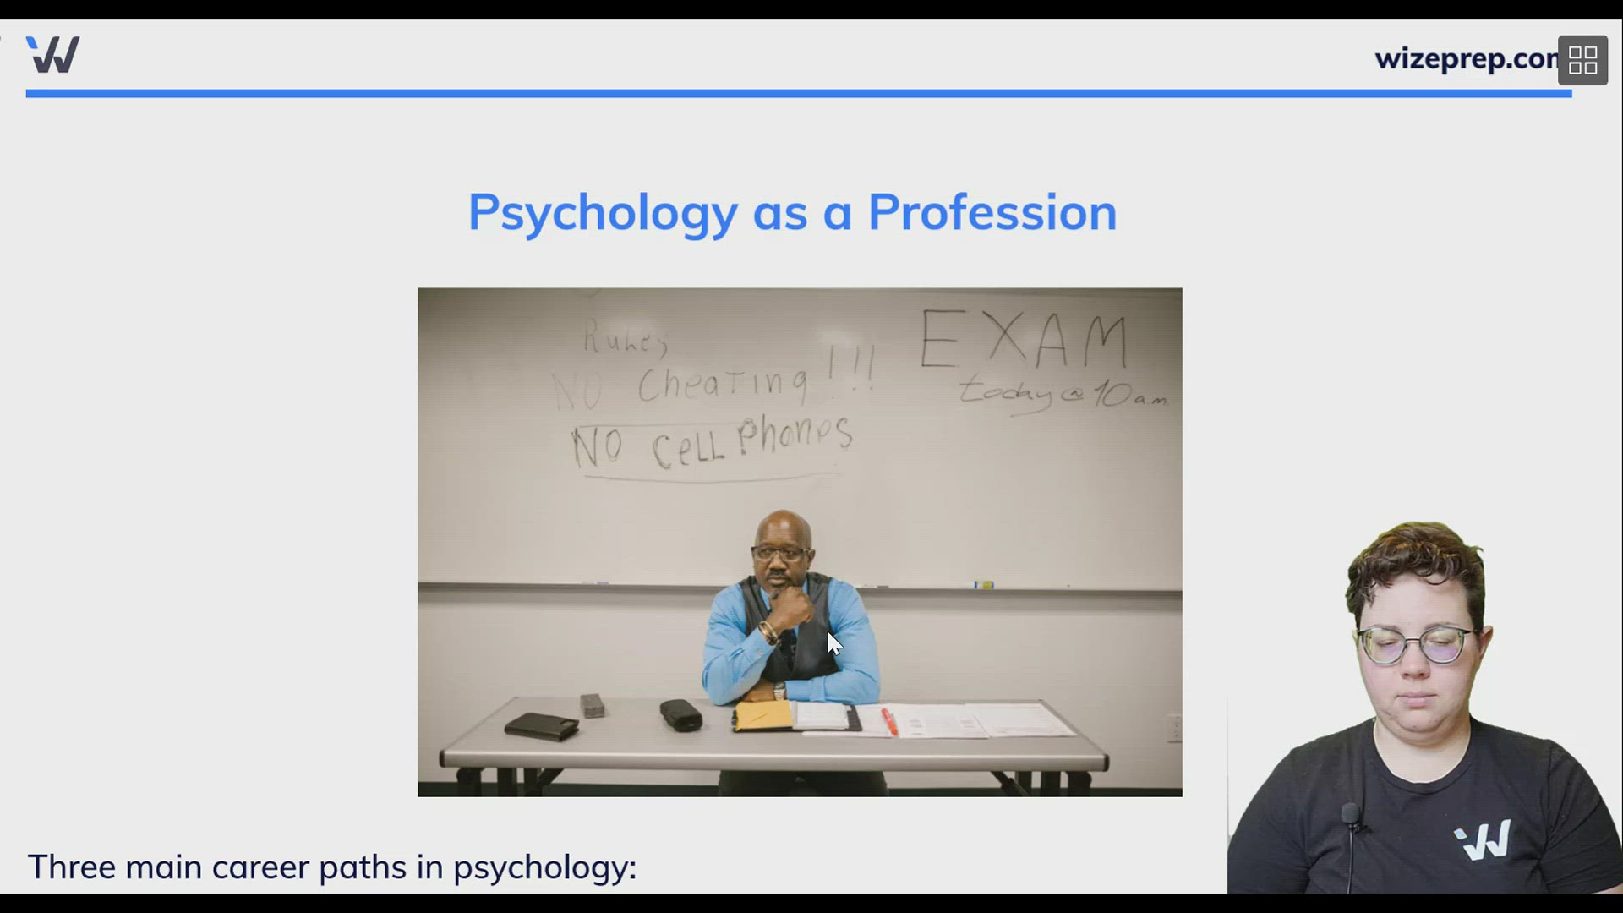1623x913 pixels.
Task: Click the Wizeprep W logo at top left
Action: tap(53, 55)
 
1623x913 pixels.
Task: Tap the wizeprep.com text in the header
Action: tap(1466, 59)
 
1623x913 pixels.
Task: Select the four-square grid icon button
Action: tap(1582, 61)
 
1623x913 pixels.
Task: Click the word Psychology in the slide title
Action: tap(603, 213)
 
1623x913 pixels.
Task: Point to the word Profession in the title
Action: tap(992, 212)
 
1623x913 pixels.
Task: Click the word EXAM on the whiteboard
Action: tap(1024, 340)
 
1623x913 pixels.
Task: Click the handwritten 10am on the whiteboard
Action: tap(1129, 394)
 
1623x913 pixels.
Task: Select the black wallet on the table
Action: tap(541, 725)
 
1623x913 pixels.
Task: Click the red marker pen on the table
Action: tap(889, 721)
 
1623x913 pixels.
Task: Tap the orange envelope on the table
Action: tap(763, 716)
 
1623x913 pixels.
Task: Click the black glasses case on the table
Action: tap(680, 715)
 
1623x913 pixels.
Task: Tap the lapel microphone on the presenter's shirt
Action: tap(1350, 815)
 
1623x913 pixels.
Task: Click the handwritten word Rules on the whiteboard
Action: tap(626, 340)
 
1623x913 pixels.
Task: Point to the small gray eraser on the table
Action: tap(593, 705)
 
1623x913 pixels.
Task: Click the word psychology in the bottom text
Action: tap(544, 868)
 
